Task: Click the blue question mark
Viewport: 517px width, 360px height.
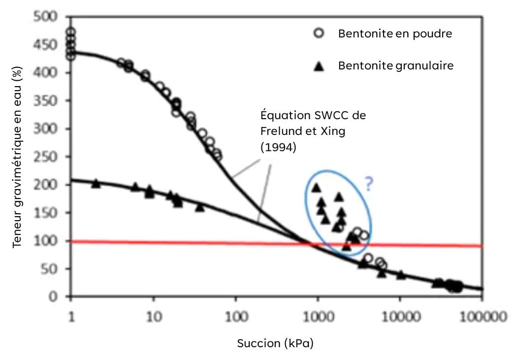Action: [369, 183]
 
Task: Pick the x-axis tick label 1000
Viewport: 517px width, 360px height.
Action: [318, 316]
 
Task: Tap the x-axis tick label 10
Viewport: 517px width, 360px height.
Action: [154, 316]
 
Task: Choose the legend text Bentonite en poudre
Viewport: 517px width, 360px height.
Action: [395, 33]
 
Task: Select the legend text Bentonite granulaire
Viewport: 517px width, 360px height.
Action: [395, 65]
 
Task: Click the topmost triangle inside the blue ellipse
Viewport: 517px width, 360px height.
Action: [316, 188]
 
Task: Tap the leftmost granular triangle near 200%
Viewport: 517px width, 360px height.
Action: [96, 183]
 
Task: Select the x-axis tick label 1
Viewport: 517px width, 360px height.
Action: [71, 316]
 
